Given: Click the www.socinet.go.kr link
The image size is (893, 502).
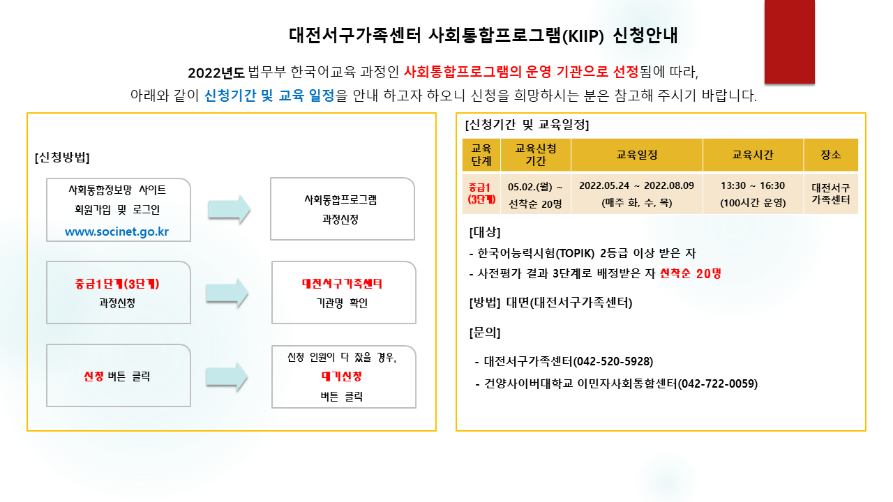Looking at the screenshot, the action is click(x=117, y=231).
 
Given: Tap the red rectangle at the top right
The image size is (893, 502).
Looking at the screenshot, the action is click(x=789, y=41).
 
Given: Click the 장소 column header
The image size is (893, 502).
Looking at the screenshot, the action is click(x=831, y=155).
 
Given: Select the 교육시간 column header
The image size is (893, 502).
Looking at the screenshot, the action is click(x=753, y=155).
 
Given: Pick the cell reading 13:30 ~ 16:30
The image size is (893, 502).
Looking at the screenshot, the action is click(x=753, y=185).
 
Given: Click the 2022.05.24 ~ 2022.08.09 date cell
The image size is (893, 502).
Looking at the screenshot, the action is click(x=637, y=185).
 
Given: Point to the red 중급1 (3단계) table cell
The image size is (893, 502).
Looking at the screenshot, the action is click(x=481, y=193).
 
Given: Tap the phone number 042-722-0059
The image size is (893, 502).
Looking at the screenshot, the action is click(x=718, y=383).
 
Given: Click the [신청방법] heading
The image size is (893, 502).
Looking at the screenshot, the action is click(x=62, y=157).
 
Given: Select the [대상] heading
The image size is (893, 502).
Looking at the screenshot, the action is click(x=485, y=232).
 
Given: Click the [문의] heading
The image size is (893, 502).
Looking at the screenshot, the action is click(x=485, y=333).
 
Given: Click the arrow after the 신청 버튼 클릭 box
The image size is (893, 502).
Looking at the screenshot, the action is click(x=227, y=377).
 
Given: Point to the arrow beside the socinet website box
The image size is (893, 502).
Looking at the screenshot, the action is click(x=229, y=210).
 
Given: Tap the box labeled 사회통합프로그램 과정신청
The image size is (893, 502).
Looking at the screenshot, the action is click(x=343, y=209).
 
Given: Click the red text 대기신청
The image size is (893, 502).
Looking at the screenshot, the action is click(x=342, y=376).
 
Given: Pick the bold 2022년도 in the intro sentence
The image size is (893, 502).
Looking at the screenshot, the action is click(x=216, y=73).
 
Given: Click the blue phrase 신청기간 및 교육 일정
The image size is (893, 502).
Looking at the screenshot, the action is click(x=269, y=96).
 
